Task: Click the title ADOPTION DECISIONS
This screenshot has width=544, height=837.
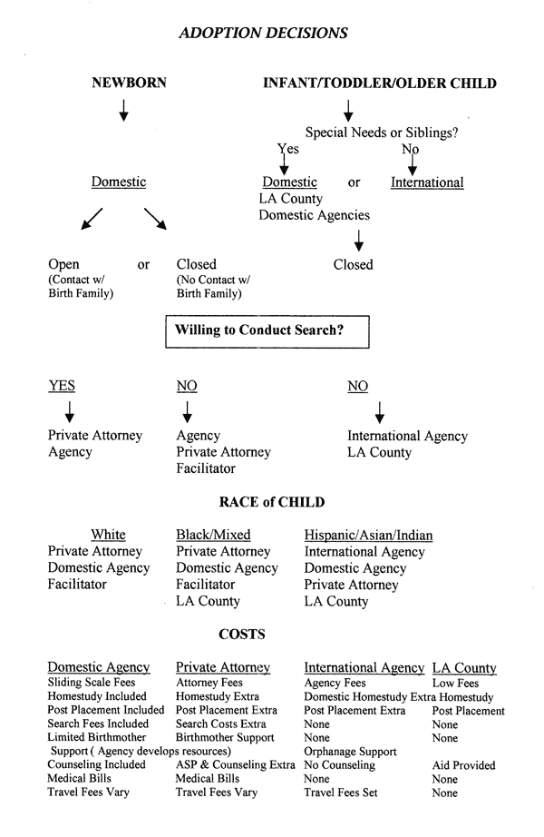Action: pyautogui.click(x=264, y=33)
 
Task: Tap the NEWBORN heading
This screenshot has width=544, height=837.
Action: pyautogui.click(x=130, y=84)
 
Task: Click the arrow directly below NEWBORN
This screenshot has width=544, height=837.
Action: pyautogui.click(x=124, y=110)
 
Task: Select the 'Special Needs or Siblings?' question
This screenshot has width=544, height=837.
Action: pyautogui.click(x=382, y=133)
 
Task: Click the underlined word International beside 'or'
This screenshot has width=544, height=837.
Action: pyautogui.click(x=427, y=182)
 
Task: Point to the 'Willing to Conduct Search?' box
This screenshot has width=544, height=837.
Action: pyautogui.click(x=267, y=330)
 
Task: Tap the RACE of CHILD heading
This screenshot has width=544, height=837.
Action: pyautogui.click(x=272, y=502)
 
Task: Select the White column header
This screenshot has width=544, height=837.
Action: pyautogui.click(x=109, y=535)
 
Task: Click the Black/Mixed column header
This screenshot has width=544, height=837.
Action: pyautogui.click(x=213, y=535)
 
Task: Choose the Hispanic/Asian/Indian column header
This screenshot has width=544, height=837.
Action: pyautogui.click(x=368, y=535)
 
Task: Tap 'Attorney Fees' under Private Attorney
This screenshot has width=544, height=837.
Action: pyautogui.click(x=209, y=683)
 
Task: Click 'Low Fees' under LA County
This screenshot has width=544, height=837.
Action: pyautogui.click(x=455, y=683)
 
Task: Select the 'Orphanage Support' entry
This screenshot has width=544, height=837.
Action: pyautogui.click(x=350, y=752)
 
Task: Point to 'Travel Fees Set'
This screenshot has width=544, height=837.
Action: pyautogui.click(x=347, y=793)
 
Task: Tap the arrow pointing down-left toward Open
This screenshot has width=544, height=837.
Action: pyautogui.click(x=91, y=220)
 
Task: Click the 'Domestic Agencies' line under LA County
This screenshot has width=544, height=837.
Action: pyautogui.click(x=315, y=215)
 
